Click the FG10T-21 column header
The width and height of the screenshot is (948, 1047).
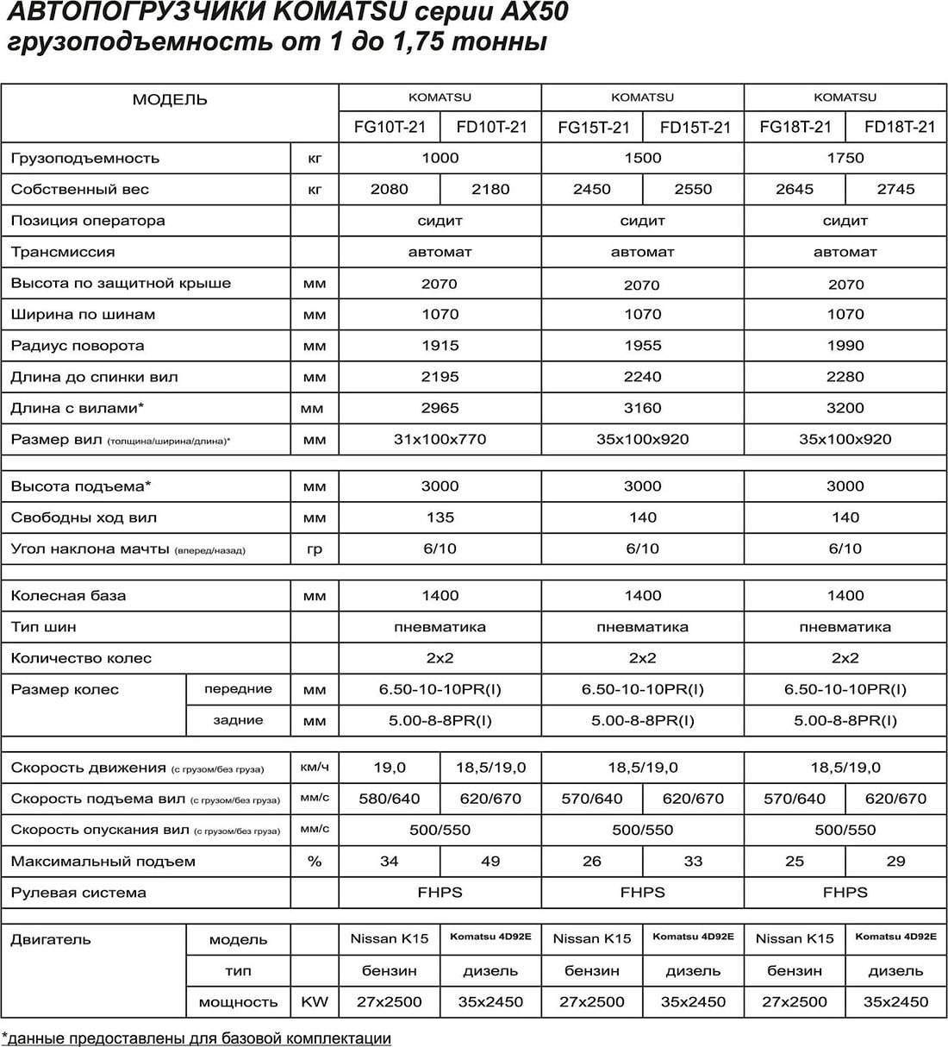(x=390, y=128)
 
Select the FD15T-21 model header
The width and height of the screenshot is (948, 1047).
(x=695, y=128)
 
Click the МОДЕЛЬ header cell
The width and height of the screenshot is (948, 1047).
(x=170, y=100)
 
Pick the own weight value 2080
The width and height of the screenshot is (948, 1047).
(x=390, y=190)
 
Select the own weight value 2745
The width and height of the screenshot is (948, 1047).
(x=895, y=190)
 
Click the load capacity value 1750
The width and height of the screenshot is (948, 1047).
(x=845, y=159)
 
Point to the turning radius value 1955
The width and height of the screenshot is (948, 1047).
(x=642, y=346)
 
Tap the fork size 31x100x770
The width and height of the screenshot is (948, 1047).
(x=440, y=440)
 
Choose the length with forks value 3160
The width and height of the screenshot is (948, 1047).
(x=642, y=408)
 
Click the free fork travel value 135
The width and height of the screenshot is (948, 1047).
(x=440, y=517)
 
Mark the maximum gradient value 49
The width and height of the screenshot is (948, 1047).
(x=490, y=861)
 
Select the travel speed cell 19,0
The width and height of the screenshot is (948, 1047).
(x=390, y=768)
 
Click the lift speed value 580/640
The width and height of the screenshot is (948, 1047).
(x=390, y=799)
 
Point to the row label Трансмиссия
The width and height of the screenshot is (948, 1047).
(x=63, y=253)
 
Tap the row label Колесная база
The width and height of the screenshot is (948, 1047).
(x=68, y=596)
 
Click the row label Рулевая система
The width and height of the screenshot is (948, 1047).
(x=78, y=893)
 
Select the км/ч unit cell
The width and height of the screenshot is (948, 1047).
(x=315, y=767)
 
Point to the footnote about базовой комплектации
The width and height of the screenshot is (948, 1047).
(x=197, y=1038)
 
